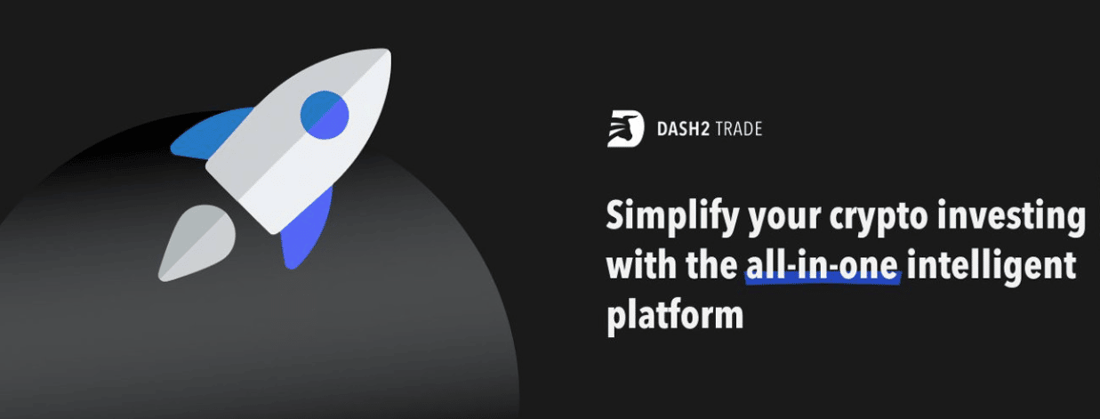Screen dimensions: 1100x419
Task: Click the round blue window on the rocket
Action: pyautogui.click(x=324, y=115)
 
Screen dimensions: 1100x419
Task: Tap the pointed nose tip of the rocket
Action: pyautogui.click(x=389, y=50)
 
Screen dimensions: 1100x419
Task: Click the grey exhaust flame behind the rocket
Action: pyautogui.click(x=196, y=243)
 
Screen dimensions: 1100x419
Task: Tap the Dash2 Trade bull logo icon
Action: pyautogui.click(x=625, y=129)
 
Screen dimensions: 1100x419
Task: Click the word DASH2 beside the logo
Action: pyautogui.click(x=683, y=129)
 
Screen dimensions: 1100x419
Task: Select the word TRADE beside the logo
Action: pyautogui.click(x=739, y=129)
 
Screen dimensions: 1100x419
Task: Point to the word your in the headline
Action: pyautogui.click(x=784, y=219)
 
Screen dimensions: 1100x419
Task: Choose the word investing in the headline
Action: pyautogui.click(x=1011, y=217)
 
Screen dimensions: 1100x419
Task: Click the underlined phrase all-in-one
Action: pyautogui.click(x=823, y=265)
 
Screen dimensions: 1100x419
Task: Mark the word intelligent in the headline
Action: pyautogui.click(x=992, y=267)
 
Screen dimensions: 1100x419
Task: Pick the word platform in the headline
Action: pyautogui.click(x=675, y=315)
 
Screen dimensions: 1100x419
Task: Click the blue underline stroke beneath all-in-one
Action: pyautogui.click(x=823, y=279)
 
